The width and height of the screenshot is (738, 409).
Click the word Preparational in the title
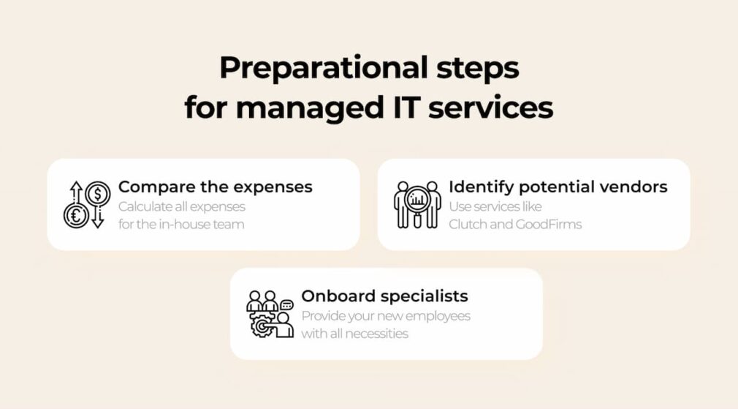(324, 69)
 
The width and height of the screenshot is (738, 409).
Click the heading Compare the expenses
(215, 187)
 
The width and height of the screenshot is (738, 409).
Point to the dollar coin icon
(98, 194)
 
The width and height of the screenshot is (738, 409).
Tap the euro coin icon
(76, 216)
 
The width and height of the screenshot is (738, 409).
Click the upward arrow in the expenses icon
(76, 193)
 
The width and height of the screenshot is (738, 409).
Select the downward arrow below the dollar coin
(98, 218)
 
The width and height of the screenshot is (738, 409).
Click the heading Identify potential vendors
(558, 187)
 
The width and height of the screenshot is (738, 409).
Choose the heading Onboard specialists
(384, 296)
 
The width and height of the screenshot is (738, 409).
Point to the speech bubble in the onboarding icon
(286, 305)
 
